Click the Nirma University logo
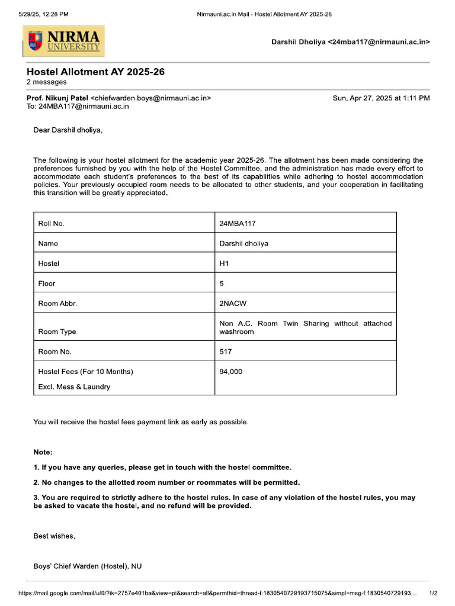tap(63, 41)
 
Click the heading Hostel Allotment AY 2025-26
tap(95, 72)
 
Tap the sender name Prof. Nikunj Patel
tap(57, 98)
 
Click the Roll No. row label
tap(51, 224)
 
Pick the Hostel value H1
tap(224, 263)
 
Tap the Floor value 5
tap(222, 283)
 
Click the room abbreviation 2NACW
tap(233, 304)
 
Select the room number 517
tap(226, 352)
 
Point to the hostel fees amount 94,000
tap(231, 372)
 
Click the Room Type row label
tap(57, 332)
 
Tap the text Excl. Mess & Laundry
tap(74, 387)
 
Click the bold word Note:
tap(43, 452)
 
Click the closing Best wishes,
tap(54, 536)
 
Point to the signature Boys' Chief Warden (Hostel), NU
tap(87, 566)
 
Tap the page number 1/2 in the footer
tap(432, 593)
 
